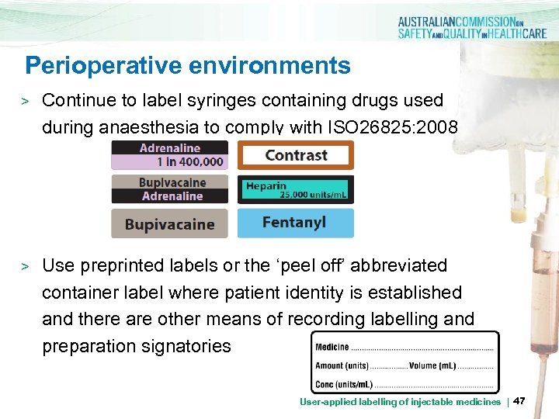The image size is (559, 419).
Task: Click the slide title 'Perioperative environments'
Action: point(187,65)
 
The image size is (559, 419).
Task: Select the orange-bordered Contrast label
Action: point(295,155)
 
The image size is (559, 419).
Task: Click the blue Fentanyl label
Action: point(295,223)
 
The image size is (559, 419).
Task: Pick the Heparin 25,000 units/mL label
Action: point(295,189)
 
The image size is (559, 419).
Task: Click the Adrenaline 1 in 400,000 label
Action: point(170,154)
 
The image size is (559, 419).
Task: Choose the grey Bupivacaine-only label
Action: point(170,224)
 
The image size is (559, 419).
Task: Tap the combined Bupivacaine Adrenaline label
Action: point(170,189)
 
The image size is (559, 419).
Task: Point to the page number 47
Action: point(519,401)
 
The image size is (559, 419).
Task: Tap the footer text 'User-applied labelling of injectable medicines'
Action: point(400,402)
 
